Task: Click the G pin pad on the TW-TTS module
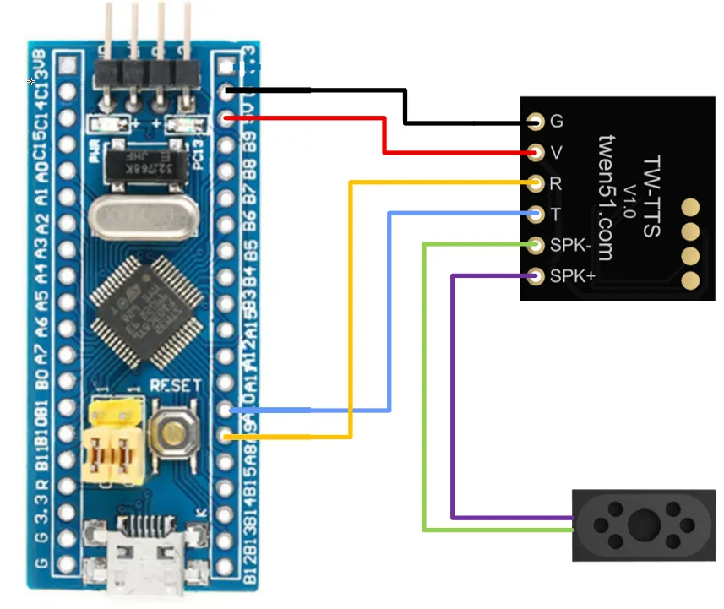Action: tap(535, 122)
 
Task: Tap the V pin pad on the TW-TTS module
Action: tap(535, 153)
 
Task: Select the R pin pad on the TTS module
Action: tap(535, 182)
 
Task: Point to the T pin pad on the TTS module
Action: tap(535, 215)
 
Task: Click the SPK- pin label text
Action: tap(570, 246)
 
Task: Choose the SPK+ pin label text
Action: tap(572, 276)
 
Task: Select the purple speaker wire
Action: tap(453, 397)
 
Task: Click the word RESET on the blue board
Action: tap(175, 385)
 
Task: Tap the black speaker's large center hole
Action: tap(645, 524)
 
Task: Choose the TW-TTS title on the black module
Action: tap(651, 196)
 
